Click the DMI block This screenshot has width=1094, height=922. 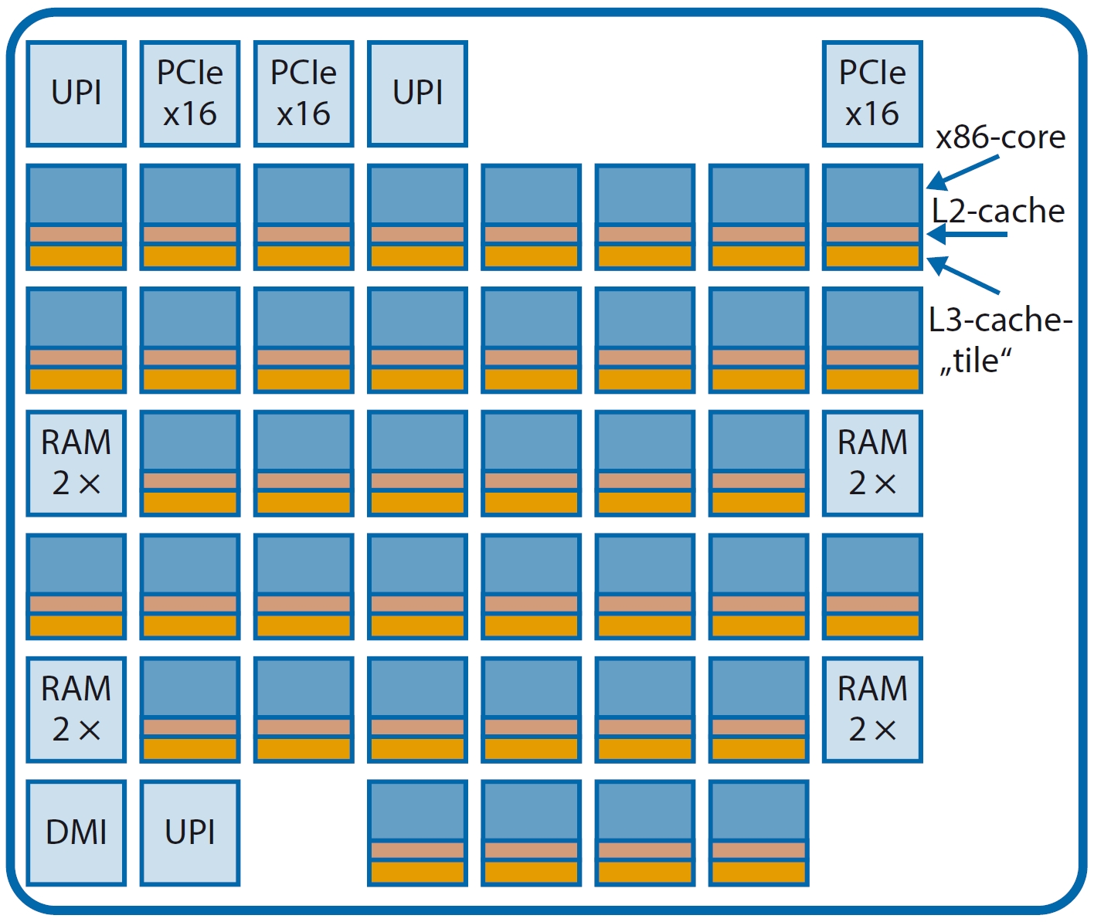point(76,832)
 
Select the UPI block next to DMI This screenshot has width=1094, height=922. point(190,832)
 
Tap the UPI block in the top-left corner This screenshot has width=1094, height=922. point(76,93)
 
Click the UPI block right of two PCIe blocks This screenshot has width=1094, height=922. point(417,93)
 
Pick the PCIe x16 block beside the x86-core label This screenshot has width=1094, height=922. point(872,93)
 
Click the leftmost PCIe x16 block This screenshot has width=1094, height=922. point(190,93)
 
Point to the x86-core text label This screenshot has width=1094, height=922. point(1000,137)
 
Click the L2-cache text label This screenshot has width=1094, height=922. point(998,211)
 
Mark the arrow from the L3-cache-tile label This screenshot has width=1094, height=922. point(964,275)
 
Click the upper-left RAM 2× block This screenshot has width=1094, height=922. point(76,463)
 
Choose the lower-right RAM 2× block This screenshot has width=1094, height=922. point(872,709)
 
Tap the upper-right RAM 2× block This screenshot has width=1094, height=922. point(872,463)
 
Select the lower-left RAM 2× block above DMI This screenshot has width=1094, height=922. point(76,709)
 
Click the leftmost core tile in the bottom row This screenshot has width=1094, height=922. point(417,832)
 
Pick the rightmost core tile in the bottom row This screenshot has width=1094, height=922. point(759,832)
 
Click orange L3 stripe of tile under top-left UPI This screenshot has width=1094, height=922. point(76,256)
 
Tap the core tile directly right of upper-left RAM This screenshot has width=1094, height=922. point(190,463)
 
